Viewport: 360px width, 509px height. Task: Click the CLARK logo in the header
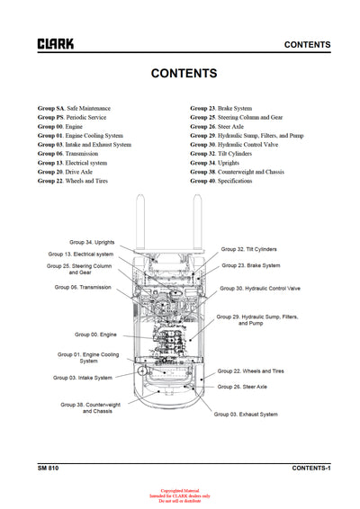coord(56,43)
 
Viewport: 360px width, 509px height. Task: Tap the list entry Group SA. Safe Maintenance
coord(75,107)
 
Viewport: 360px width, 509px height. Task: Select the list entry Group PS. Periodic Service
coord(72,117)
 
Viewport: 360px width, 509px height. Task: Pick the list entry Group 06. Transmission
coord(69,153)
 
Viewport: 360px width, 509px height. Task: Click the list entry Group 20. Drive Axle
coord(67,172)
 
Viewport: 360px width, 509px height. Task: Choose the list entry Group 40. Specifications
coord(220,181)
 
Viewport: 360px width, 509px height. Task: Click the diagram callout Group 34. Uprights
coord(92,242)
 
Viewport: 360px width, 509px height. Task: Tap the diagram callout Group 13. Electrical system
coord(82,254)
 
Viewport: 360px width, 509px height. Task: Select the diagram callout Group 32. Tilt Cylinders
coord(250,248)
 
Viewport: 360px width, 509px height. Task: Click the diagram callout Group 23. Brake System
coord(251,265)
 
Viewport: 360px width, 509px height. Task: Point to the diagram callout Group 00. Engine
coord(95,334)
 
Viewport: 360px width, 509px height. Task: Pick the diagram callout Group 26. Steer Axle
coord(243,387)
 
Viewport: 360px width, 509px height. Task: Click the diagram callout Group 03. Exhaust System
coord(246,414)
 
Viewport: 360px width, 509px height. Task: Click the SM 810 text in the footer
coord(49,468)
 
